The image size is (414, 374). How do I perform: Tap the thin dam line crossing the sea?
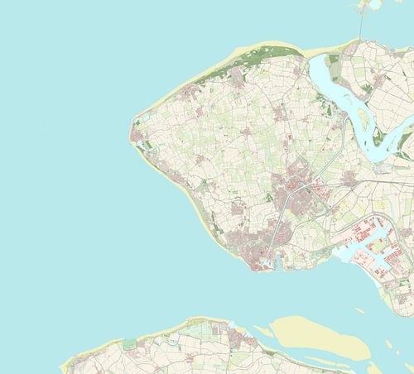pyautogui.click(x=360, y=25)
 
